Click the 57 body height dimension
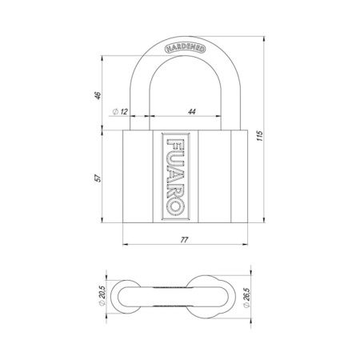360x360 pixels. point(95,177)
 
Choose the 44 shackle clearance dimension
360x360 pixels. point(192,111)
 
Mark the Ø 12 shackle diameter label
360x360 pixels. point(122,111)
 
